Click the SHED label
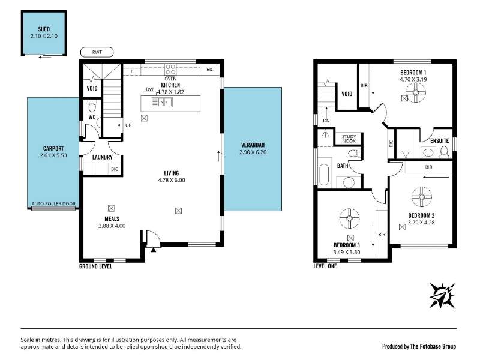44,29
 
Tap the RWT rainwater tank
97,52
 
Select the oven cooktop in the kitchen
170,70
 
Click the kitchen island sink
162,102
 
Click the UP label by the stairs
128,125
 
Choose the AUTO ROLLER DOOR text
53,203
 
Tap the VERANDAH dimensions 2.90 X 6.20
253,152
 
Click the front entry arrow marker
154,250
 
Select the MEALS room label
112,219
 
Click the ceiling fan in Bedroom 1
415,92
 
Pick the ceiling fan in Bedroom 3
349,218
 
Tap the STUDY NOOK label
349,139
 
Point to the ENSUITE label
440,141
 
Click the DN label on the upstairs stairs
326,121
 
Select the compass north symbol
443,295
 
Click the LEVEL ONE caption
325,266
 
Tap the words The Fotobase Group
433,346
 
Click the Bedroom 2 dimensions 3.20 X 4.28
421,223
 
